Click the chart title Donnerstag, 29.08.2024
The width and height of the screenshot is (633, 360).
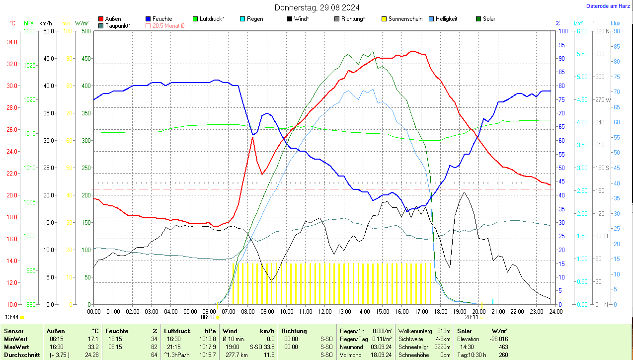pos(317,7)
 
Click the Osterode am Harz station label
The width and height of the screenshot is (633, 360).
pos(608,6)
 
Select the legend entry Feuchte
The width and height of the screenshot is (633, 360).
pos(162,19)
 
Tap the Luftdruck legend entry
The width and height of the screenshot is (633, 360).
pos(212,19)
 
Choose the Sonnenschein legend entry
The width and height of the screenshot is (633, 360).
pos(405,19)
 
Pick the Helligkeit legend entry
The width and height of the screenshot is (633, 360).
pos(446,19)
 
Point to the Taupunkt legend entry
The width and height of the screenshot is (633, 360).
pos(118,25)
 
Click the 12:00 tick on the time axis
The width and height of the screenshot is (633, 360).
pos(324,311)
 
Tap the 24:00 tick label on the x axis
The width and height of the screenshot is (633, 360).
pos(555,311)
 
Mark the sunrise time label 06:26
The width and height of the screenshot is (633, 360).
pos(208,317)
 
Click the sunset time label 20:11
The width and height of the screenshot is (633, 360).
pos(472,317)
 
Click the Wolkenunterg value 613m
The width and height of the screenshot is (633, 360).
pos(443,331)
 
